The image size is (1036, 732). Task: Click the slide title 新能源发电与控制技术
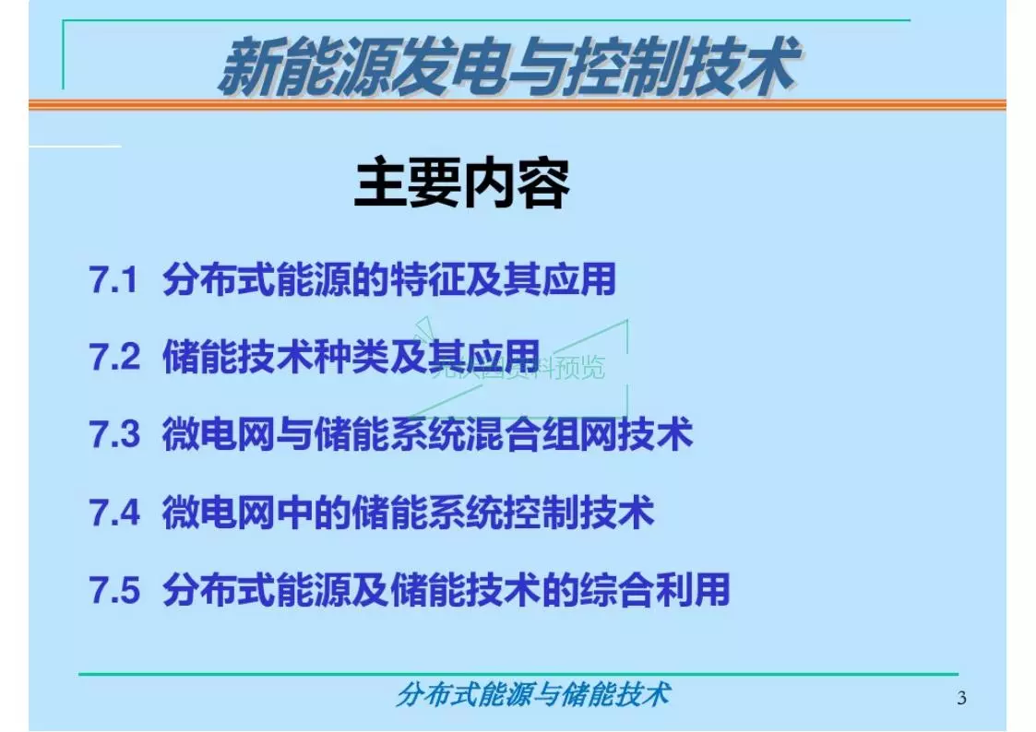(x=506, y=67)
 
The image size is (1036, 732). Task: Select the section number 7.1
(x=113, y=280)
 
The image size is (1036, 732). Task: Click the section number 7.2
(x=114, y=357)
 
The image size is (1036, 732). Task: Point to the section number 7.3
(x=114, y=434)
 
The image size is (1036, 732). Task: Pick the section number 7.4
(x=114, y=513)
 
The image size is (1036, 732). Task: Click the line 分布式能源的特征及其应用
(x=388, y=280)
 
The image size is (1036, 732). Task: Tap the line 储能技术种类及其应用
(x=351, y=357)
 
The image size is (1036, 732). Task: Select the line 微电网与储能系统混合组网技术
(x=427, y=434)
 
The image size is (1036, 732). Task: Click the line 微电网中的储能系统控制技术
(x=408, y=513)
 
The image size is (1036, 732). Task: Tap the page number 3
(x=962, y=698)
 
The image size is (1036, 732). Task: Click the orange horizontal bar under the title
(x=517, y=105)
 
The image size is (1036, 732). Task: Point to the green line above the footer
(x=517, y=674)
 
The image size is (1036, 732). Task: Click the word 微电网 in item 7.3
(x=219, y=434)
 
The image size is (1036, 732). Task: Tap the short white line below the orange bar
(x=74, y=146)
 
